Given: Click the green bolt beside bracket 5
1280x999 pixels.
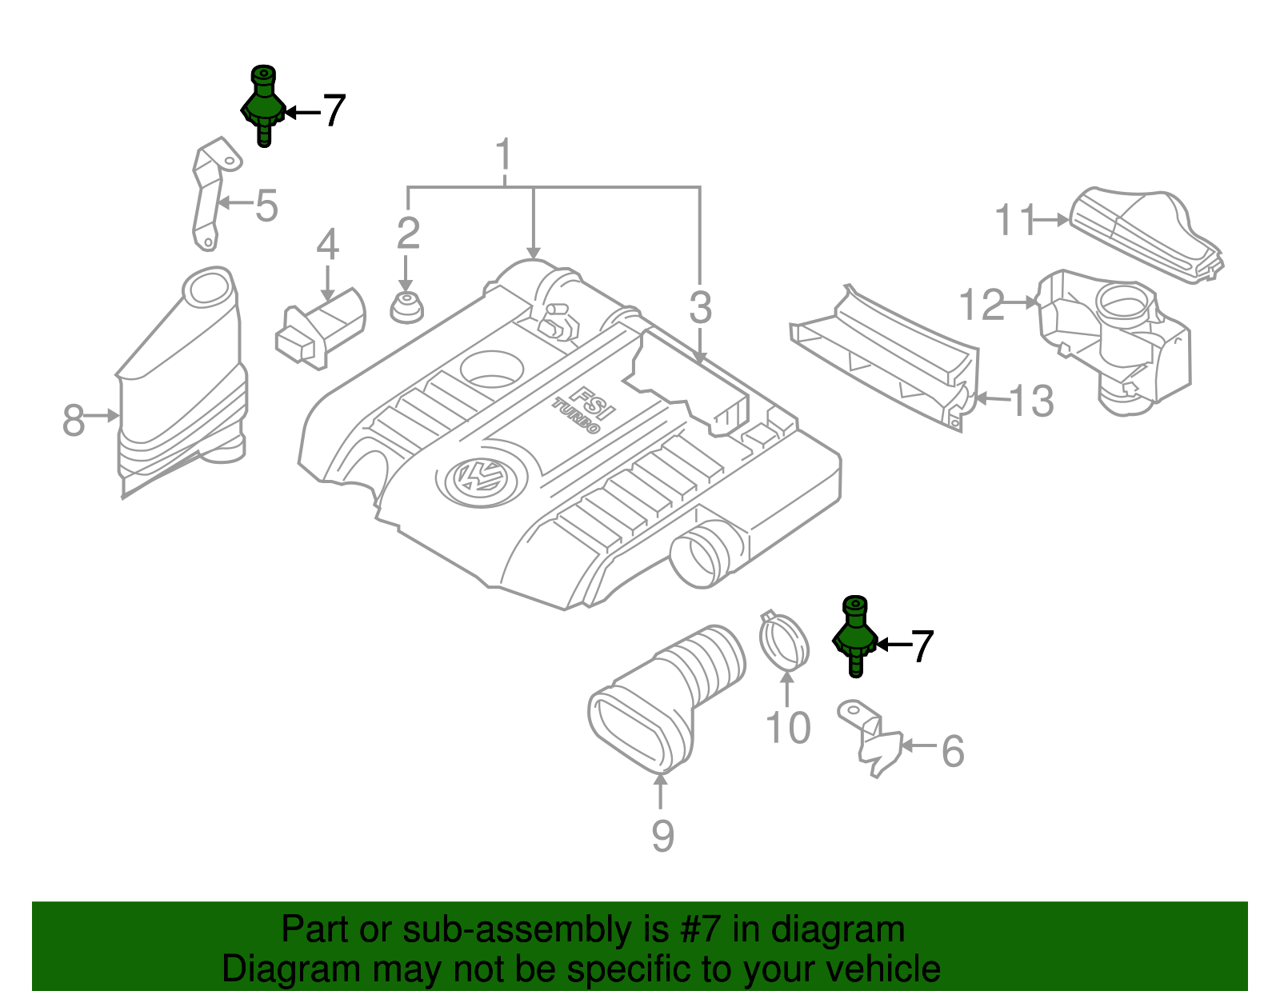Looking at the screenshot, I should pyautogui.click(x=262, y=106).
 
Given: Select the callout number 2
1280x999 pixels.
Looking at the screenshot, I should pyautogui.click(x=408, y=234).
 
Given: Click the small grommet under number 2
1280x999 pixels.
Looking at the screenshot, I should pyautogui.click(x=406, y=308).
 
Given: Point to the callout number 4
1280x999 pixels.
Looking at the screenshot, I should pyautogui.click(x=327, y=245).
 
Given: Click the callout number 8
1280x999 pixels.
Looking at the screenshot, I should pyautogui.click(x=74, y=420).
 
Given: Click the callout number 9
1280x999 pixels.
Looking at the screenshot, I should pyautogui.click(x=662, y=836).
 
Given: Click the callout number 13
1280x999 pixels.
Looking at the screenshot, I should pyautogui.click(x=1031, y=401).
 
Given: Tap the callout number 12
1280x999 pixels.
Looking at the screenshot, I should pyautogui.click(x=982, y=306).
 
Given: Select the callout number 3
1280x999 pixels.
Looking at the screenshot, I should pyautogui.click(x=700, y=308).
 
